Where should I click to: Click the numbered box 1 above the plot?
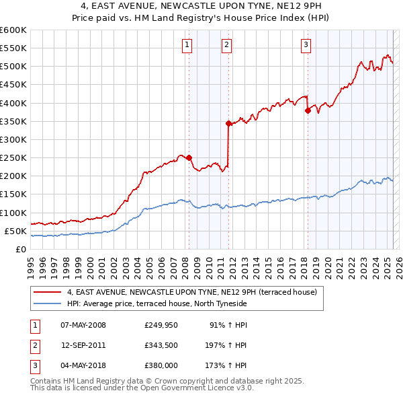pyautogui.click(x=186, y=45)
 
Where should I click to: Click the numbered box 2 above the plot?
pyautogui.click(x=227, y=45)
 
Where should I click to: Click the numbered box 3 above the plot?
pyautogui.click(x=306, y=45)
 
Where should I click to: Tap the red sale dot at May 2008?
pyautogui.click(x=189, y=157)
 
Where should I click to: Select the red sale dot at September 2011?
pyautogui.click(x=228, y=123)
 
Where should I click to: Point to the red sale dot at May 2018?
pyautogui.click(x=308, y=110)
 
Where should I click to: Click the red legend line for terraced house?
pyautogui.click(x=48, y=293)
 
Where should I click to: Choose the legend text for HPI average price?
pyautogui.click(x=156, y=303)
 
